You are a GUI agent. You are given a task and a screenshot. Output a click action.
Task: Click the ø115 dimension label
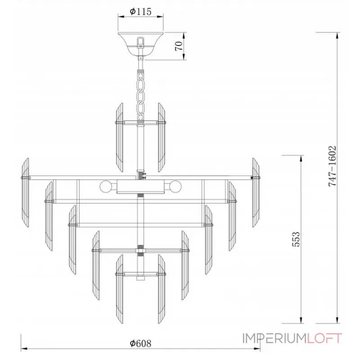[140, 11]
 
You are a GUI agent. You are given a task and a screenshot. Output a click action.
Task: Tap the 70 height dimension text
[179, 46]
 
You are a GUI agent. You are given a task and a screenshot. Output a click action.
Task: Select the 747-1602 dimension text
[332, 166]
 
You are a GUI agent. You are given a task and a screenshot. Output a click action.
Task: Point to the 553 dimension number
[296, 239]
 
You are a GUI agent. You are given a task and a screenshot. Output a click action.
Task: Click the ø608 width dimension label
[140, 343]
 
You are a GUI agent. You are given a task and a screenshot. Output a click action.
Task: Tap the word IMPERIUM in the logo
[275, 338]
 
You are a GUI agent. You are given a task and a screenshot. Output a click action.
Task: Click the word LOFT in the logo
[325, 338]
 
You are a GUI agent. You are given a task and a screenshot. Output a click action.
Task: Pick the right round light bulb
[175, 187]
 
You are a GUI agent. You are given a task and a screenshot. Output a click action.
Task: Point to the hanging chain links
[140, 96]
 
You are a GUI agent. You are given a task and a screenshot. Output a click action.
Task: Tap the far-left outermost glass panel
[25, 193]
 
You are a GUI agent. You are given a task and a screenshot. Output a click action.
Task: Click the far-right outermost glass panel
[256, 193]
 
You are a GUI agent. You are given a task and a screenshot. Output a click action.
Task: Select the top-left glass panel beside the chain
[119, 137]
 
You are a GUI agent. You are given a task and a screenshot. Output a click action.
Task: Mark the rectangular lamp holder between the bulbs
[140, 187]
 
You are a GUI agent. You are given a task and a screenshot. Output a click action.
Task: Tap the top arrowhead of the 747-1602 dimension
[337, 36]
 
